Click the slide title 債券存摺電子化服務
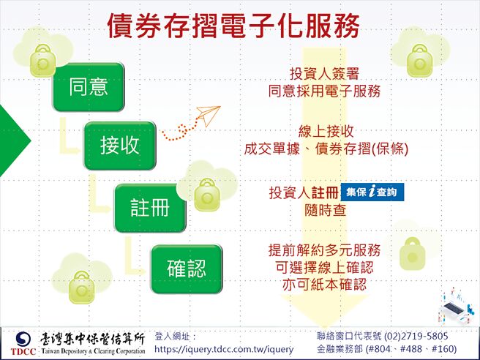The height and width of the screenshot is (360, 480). click(x=233, y=26)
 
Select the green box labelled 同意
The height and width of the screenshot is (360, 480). click(x=89, y=87)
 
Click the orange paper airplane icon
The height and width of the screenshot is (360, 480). click(x=207, y=115)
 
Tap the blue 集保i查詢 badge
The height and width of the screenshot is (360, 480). click(x=372, y=192)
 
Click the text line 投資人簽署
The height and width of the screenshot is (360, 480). click(x=324, y=75)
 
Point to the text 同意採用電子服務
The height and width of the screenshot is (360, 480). click(x=324, y=91)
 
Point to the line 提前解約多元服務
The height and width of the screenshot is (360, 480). click(x=325, y=250)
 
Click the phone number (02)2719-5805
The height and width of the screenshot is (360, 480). click(x=415, y=336)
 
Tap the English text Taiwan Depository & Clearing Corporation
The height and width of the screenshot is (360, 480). click(x=93, y=351)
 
